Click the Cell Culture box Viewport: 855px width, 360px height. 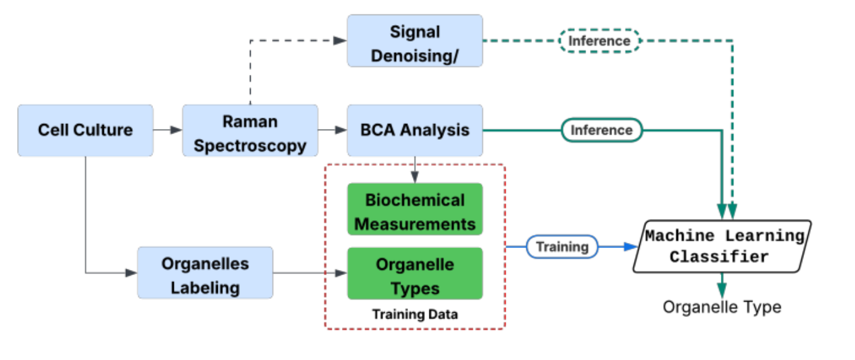coord(85,130)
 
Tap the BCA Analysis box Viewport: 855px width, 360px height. coord(415,130)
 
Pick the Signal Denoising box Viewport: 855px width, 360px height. coord(415,41)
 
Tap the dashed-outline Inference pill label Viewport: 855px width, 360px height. coord(599,41)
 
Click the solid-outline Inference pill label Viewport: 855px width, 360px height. coord(601,130)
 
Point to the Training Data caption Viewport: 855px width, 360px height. coord(415,313)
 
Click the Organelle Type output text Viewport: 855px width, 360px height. coord(722,307)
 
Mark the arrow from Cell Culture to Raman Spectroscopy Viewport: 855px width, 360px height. coord(167,130)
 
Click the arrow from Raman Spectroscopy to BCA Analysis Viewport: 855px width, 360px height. coord(332,130)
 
